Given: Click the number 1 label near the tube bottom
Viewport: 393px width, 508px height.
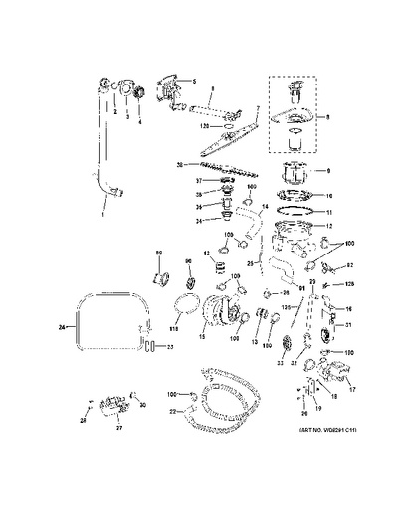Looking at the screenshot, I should coord(103,213).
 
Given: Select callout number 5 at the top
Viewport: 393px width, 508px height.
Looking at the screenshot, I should coord(195,80).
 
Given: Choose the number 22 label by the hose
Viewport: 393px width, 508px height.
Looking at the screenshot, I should coord(173,411).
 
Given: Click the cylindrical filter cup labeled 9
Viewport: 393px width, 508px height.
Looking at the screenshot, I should coord(293,169).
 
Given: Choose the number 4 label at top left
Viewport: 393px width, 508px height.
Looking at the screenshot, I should coord(140,123).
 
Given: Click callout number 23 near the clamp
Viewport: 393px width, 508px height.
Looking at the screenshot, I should coord(169,346).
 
